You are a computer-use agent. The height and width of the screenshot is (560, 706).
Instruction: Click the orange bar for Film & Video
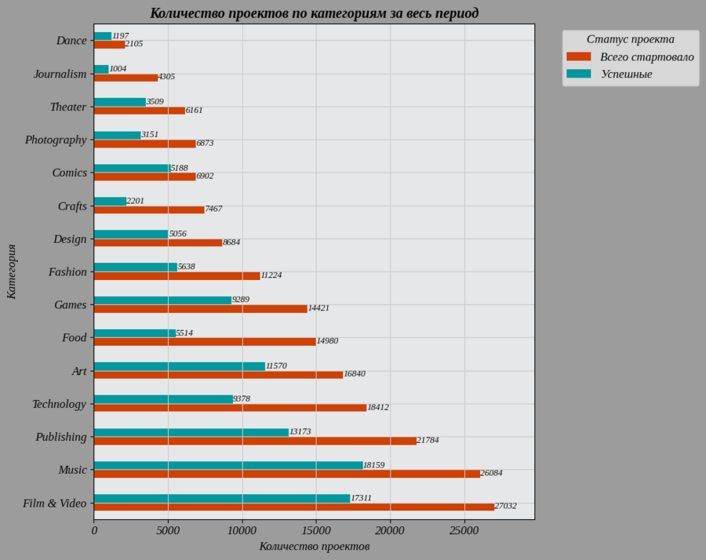294,507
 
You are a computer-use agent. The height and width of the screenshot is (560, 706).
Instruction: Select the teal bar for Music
228,465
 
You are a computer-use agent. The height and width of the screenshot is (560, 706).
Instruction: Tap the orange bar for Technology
230,408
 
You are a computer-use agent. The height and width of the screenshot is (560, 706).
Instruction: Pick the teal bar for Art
180,366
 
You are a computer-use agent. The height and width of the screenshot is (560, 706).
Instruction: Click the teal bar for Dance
103,36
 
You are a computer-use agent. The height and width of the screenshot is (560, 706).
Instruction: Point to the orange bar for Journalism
126,78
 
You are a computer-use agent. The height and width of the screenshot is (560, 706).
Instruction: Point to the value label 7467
213,209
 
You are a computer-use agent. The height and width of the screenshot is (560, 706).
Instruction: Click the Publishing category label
61,437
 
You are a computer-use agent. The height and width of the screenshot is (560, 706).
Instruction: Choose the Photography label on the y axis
56,140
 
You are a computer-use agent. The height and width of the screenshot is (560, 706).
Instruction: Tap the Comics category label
69,173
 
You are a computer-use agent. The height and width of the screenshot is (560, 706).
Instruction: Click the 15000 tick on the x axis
316,531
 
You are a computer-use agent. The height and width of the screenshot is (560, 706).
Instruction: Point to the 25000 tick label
464,531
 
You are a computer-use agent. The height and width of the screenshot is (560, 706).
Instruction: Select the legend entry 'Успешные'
627,75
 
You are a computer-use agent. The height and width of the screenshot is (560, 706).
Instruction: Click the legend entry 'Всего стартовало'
646,57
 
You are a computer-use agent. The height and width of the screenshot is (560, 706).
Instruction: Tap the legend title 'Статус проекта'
630,39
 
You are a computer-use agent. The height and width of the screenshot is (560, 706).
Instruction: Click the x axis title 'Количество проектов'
314,547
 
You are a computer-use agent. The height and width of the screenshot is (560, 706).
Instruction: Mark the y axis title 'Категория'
12,271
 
